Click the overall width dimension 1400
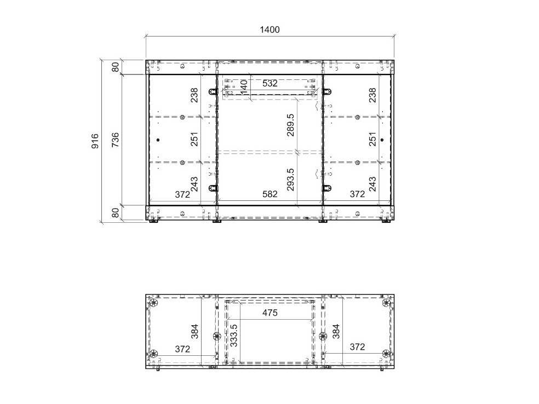[x=269, y=30]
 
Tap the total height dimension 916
[x=95, y=141]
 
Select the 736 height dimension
[x=115, y=140]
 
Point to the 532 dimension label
[x=270, y=83]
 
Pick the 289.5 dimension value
[x=291, y=125]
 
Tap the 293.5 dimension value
[x=291, y=180]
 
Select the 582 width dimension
[x=270, y=194]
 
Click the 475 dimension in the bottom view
[x=270, y=313]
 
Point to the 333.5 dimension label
[x=234, y=335]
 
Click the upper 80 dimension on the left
[x=116, y=67]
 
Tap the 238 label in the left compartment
[x=194, y=95]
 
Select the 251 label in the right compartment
[x=372, y=139]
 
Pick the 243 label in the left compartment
[x=194, y=184]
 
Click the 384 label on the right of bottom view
[x=336, y=332]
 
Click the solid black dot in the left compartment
[x=158, y=140]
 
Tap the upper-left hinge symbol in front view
[x=213, y=91]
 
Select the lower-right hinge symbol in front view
[x=327, y=188]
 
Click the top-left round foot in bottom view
[x=153, y=303]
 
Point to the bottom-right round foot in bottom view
[x=386, y=354]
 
